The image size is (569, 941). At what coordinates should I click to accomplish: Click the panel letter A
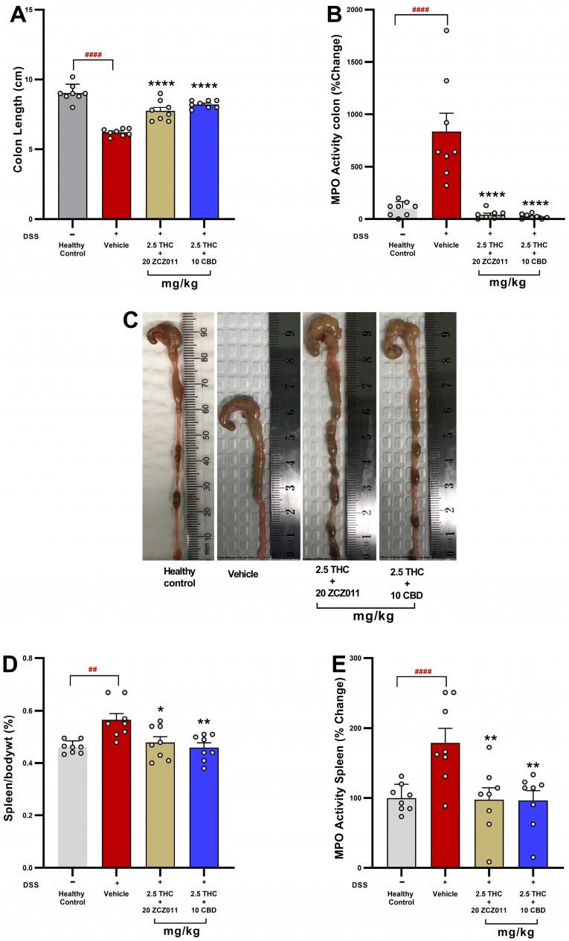(18, 16)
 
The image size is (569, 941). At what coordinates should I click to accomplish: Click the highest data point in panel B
(446, 30)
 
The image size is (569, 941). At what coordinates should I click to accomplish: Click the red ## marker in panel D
(93, 669)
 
